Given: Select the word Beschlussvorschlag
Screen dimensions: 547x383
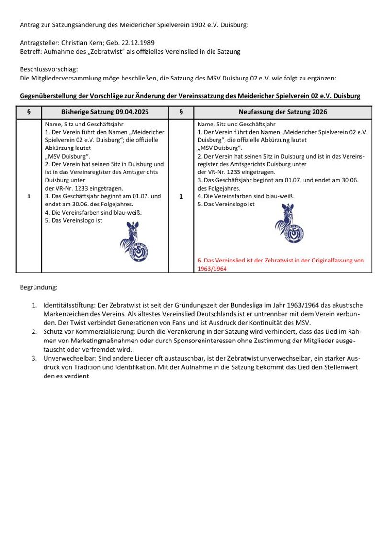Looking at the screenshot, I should point(48,69).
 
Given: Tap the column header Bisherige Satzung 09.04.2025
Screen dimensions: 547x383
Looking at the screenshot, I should point(105,112).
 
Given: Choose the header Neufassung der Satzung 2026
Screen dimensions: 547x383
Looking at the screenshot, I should point(283,112).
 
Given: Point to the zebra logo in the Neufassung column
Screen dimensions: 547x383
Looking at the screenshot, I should point(289,223).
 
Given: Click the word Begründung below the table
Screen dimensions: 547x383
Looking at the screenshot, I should point(38,288).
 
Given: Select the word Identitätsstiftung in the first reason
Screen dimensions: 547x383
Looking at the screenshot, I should point(70,305).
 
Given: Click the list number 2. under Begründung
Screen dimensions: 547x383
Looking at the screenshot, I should point(34,331).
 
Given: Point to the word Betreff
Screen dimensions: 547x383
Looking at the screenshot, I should point(30,51).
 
